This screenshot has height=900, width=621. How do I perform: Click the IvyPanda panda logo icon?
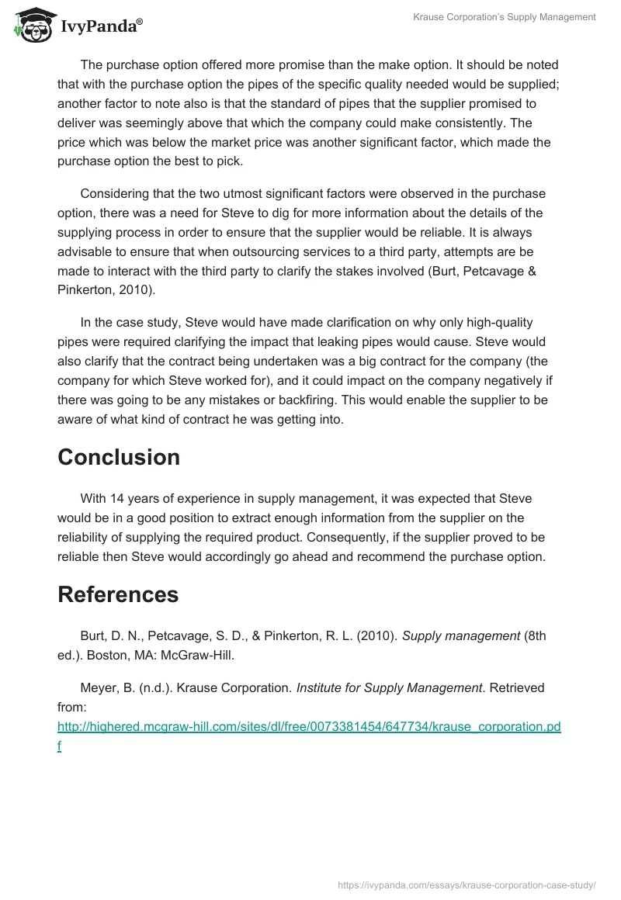(31, 24)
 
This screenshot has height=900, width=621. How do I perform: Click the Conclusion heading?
(119, 457)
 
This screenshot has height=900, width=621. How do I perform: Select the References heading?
(118, 594)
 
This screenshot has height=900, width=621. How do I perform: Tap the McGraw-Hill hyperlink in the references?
(309, 727)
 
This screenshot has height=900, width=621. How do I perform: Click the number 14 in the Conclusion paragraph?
(118, 498)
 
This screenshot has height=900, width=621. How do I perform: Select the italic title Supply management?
(461, 635)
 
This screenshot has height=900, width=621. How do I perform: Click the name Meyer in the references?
(98, 687)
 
